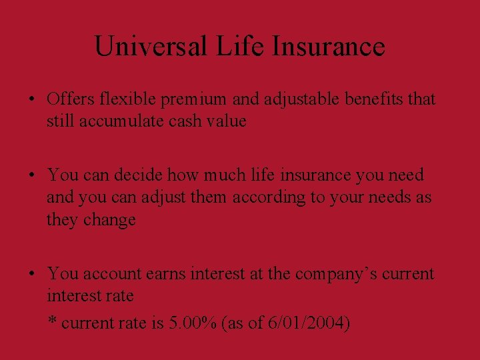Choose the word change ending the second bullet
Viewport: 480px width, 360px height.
tap(109, 220)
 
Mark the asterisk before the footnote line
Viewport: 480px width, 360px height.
tap(52, 322)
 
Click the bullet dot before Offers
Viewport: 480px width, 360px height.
tap(32, 101)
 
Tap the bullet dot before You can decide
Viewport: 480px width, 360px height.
tap(32, 176)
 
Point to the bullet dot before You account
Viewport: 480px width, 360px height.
tap(32, 275)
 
